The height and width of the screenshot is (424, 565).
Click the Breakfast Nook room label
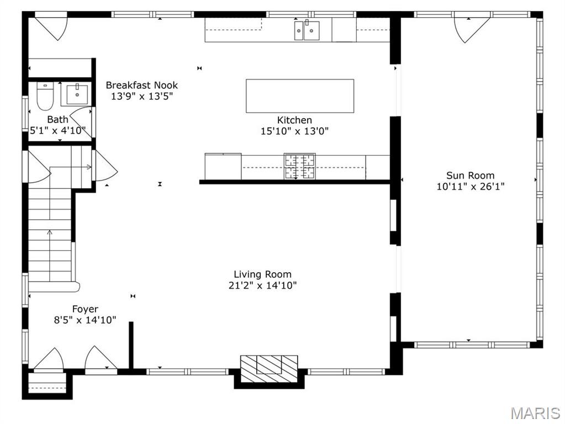142,85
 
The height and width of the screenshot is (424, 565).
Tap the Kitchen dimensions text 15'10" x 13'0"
294,131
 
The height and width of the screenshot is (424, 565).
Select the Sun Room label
470,176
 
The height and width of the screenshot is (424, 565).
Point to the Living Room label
262,274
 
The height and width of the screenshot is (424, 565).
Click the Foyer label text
85,309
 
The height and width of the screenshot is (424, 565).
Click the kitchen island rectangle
299,96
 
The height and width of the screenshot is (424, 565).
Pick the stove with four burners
299,166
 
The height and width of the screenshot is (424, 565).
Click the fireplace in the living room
269,365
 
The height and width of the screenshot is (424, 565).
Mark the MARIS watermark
535,413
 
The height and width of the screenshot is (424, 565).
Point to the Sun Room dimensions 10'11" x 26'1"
470,187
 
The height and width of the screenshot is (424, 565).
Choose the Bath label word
57,119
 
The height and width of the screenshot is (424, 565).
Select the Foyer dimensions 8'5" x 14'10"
85,320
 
